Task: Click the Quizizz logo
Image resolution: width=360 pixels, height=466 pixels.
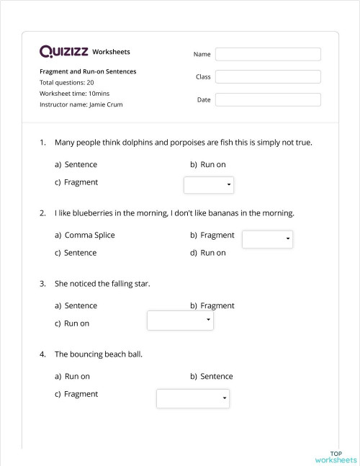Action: (64, 52)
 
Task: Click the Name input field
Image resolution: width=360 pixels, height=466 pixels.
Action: (268, 54)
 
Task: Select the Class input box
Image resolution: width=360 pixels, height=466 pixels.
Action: (268, 77)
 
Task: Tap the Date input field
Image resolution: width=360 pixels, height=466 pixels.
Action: (268, 100)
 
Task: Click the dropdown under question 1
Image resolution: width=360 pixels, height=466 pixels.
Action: (209, 185)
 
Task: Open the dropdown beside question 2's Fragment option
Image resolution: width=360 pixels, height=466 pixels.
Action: (267, 238)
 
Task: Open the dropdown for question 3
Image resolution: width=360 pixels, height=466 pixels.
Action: (180, 320)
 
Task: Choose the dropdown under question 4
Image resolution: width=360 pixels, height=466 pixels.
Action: (193, 398)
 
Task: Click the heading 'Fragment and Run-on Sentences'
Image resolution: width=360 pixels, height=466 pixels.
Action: (88, 71)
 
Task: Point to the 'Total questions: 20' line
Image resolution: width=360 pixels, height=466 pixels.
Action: (67, 83)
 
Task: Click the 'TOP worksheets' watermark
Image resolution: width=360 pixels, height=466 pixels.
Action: (336, 457)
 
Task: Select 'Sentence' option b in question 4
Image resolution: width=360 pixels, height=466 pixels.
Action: (216, 376)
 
